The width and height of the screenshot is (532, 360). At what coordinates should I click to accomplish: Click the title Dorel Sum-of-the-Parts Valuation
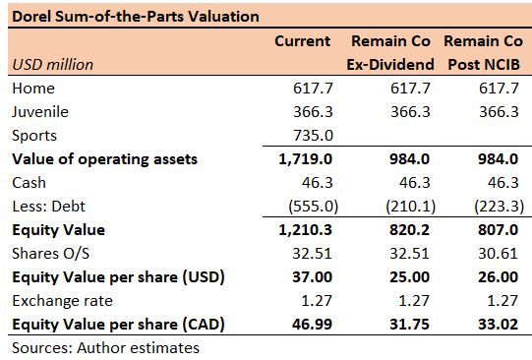tap(135, 16)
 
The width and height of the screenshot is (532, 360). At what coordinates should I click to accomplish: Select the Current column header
tap(302, 41)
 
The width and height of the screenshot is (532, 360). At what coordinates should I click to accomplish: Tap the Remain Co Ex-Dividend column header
tap(391, 53)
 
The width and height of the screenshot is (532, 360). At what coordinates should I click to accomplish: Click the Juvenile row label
tap(41, 112)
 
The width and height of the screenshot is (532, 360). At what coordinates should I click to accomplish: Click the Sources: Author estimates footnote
tap(106, 347)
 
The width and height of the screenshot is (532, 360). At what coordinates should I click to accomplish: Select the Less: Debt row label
tap(48, 207)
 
